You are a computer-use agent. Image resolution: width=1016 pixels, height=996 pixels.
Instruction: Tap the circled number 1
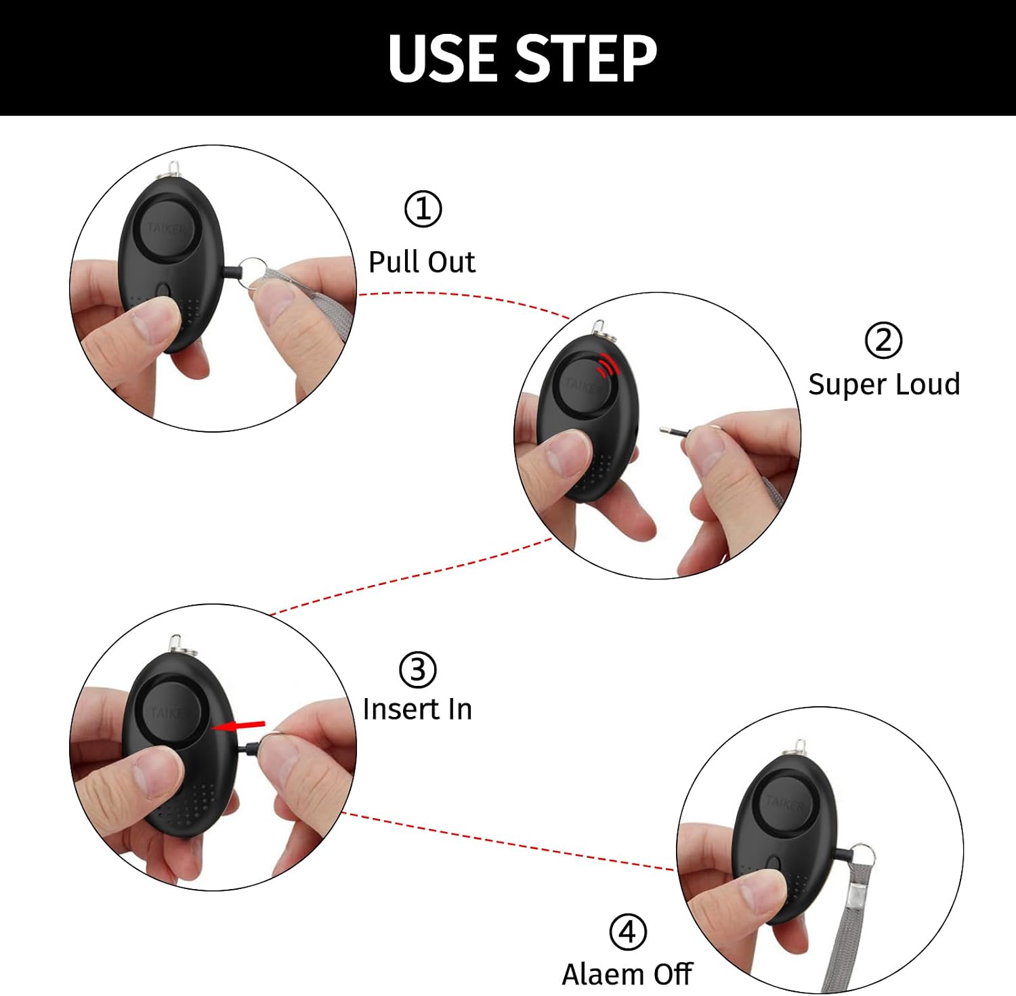click(423, 209)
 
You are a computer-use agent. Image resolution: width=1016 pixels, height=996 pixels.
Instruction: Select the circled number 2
click(883, 340)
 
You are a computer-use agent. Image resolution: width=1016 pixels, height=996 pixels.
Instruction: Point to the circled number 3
click(417, 670)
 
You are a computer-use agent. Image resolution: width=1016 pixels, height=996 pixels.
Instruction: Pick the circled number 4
click(627, 932)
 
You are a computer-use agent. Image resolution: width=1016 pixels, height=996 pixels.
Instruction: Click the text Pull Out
click(421, 262)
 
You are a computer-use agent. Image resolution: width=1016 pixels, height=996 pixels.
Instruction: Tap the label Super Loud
click(884, 384)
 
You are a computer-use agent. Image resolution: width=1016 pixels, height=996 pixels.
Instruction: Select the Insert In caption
click(417, 709)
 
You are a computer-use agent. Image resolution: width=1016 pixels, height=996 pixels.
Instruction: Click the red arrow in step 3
click(238, 726)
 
